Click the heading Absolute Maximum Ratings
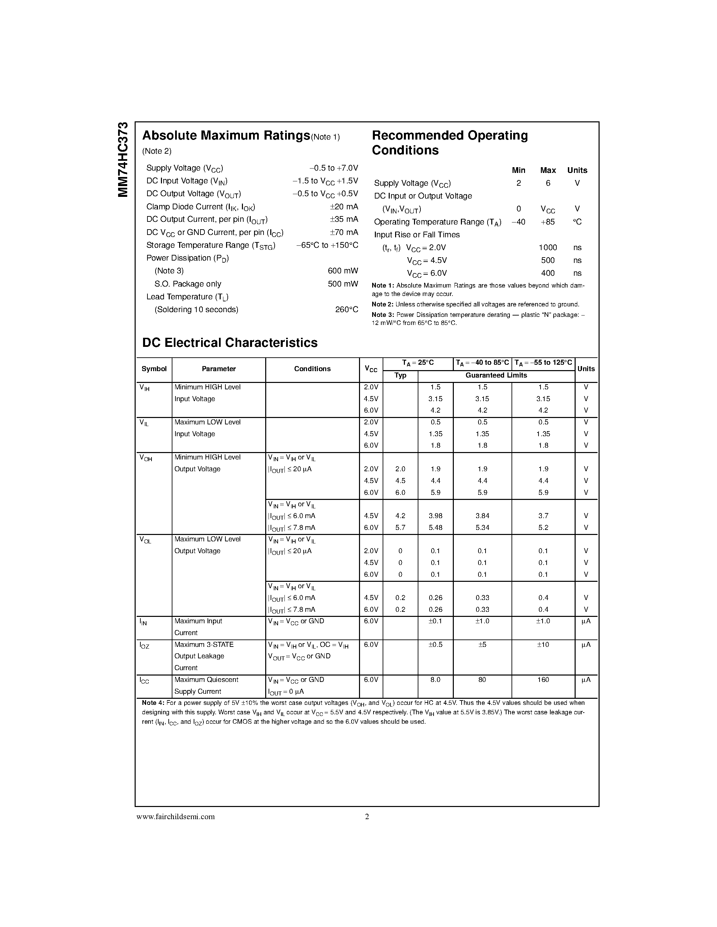click(226, 136)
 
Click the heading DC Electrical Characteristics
click(230, 342)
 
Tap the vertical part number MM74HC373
click(123, 159)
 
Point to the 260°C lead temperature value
click(346, 310)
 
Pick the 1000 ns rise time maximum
click(548, 247)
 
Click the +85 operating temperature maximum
click(548, 222)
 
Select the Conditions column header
click(312, 369)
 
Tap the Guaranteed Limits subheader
click(496, 375)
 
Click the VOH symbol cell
click(146, 458)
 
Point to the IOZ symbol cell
click(144, 646)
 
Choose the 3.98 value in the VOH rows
click(435, 516)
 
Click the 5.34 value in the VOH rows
click(482, 528)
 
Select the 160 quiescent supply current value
click(543, 680)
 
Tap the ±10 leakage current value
click(543, 644)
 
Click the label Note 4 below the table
click(153, 703)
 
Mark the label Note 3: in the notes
click(383, 315)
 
